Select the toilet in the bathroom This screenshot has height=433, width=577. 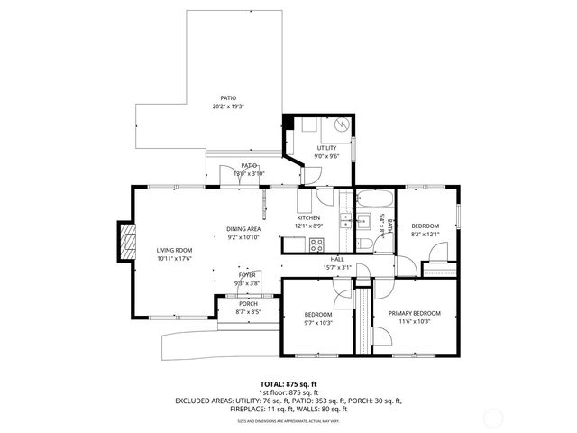[x=365, y=241]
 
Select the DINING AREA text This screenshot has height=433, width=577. [x=243, y=229]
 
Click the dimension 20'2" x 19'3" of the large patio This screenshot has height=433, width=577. [x=228, y=106]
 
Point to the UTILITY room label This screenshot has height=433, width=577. [x=325, y=148]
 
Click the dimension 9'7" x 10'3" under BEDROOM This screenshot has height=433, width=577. [x=318, y=322]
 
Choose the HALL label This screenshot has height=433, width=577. [x=336, y=259]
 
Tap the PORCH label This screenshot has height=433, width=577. [x=247, y=304]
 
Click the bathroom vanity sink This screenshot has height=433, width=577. [x=366, y=220]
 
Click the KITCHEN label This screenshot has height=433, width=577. [x=309, y=218]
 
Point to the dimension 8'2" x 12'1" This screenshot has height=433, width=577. [x=425, y=234]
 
